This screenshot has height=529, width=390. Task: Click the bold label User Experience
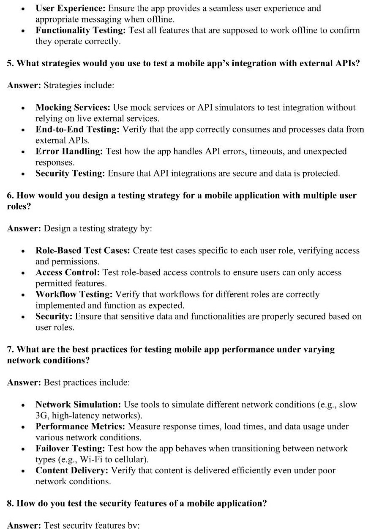tap(71, 8)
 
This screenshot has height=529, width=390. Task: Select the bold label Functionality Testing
tap(80, 30)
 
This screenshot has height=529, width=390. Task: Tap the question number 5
tap(10, 63)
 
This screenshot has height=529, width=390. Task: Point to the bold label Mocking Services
tap(72, 107)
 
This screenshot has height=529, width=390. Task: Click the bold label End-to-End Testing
tap(77, 129)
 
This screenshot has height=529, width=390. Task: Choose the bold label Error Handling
tap(69, 151)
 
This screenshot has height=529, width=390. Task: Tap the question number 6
tap(10, 195)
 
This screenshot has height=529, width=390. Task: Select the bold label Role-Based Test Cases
tap(83, 250)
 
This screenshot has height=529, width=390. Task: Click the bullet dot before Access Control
tap(23, 273)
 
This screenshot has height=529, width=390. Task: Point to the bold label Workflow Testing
tap(74, 294)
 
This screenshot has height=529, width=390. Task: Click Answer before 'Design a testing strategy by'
tap(24, 228)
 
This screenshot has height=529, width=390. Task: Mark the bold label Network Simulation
tap(78, 404)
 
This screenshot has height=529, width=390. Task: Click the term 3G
tap(42, 415)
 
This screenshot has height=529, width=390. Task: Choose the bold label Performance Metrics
tap(80, 426)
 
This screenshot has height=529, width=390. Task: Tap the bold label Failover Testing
tap(71, 448)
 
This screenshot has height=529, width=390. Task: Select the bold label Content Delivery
tap(71, 470)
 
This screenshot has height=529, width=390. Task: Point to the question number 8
tap(10, 503)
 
